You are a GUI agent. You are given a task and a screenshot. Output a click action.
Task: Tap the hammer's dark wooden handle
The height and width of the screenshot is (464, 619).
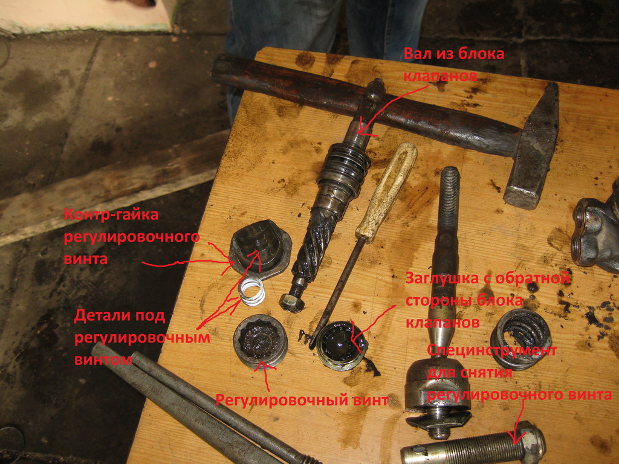click(355, 103)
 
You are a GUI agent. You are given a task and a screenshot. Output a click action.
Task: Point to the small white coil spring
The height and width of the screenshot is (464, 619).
click(253, 291)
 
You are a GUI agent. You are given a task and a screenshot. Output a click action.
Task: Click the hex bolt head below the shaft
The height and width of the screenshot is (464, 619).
click(291, 302)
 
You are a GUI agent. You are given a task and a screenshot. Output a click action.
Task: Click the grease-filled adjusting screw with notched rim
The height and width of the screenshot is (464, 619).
click(261, 341)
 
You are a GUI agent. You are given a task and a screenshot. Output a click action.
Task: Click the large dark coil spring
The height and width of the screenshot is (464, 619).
click(520, 340)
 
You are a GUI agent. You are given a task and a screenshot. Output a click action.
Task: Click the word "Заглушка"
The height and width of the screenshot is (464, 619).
click(443, 278)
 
